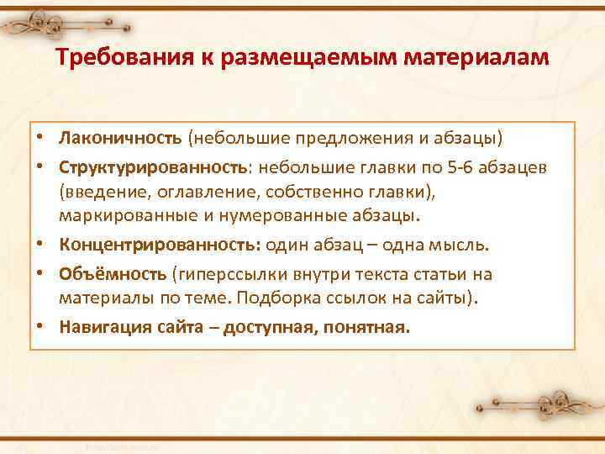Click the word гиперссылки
coord(220,274)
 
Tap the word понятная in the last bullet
coord(370,327)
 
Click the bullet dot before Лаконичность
coord(40,137)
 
